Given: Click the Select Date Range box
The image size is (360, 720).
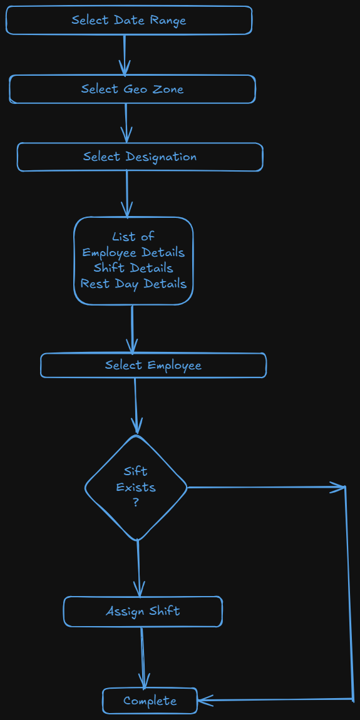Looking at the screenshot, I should coord(129,20).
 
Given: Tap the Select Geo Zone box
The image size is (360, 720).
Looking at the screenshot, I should coord(132,89).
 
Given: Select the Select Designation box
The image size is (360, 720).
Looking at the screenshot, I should coord(140,157).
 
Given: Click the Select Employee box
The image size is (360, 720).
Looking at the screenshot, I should coord(153,365).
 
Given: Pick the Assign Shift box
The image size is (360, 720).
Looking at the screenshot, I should coord(143,611).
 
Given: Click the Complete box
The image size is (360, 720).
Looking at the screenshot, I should coord(150,701).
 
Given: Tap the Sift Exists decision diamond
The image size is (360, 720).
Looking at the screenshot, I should coord(136,487).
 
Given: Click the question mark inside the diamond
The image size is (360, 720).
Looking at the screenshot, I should coord(136,502).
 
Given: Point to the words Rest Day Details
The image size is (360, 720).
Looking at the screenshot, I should coord(133,284).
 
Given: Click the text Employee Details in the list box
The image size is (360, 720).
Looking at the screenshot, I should coord(133,252).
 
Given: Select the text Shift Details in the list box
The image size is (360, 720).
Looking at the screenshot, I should coord(133,268).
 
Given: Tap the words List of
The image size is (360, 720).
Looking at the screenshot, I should coord(133,237).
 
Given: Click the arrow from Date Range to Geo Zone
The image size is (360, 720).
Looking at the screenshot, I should coord(125,54).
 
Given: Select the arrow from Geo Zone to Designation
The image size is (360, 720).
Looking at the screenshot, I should coord(126,123).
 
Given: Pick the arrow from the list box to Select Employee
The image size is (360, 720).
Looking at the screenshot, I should coord(132,329).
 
